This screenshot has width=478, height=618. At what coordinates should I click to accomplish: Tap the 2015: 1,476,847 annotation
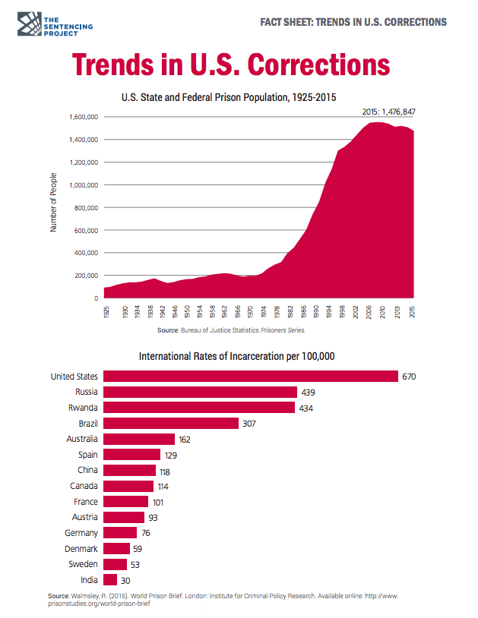tap(390, 112)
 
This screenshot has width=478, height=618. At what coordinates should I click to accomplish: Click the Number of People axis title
tap(54, 203)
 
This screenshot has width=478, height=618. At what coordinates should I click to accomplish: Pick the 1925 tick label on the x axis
tap(106, 312)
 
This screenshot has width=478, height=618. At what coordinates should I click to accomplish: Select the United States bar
tap(250, 377)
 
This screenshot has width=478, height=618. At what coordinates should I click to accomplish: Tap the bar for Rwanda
tap(198, 408)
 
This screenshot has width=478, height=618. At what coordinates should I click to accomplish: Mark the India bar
tap(109, 579)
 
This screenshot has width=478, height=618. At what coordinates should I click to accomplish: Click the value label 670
tap(410, 377)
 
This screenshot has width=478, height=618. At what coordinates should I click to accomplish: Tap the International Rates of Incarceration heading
tap(236, 356)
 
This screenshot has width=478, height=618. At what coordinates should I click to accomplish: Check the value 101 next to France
tap(158, 501)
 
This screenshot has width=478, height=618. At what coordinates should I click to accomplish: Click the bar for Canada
tap(128, 486)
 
